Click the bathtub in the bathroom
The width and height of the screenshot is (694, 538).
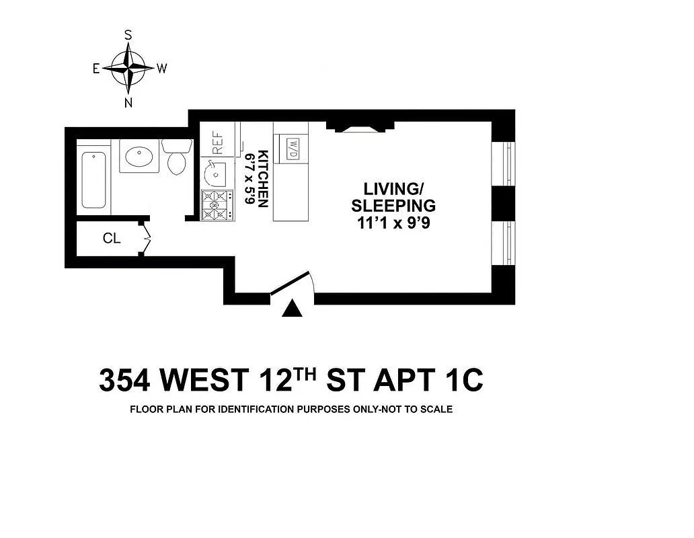[94, 180]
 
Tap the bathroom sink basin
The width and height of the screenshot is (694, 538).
[139, 156]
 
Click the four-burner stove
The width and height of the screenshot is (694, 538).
[217, 205]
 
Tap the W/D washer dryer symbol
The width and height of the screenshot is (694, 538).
[293, 149]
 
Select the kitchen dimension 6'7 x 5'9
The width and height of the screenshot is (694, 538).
[250, 179]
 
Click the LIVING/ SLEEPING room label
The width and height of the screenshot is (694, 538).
[393, 197]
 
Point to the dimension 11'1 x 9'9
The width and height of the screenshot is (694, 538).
[393, 223]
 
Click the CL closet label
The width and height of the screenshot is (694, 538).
[112, 239]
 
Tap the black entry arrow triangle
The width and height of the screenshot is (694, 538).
[292, 309]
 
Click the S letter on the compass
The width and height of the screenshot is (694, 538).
[128, 35]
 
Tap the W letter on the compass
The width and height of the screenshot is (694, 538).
[161, 69]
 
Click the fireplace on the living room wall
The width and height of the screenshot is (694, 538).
[360, 126]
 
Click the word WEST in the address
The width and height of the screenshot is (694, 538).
[204, 380]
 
